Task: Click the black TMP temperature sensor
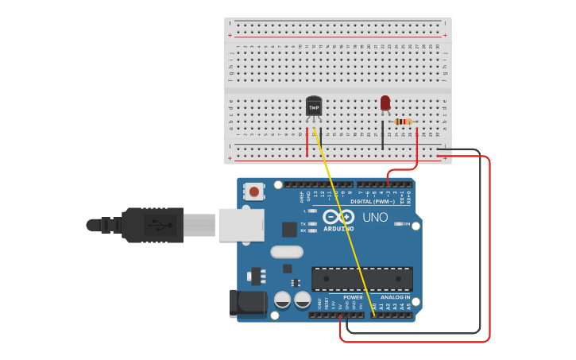click(314, 106)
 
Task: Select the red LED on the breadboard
click(385, 103)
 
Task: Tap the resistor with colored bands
click(403, 122)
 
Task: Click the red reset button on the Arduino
click(254, 191)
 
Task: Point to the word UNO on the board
click(375, 217)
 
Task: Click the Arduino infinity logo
click(339, 217)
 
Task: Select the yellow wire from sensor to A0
click(342, 223)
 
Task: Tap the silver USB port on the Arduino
click(241, 225)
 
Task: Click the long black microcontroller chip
click(361, 278)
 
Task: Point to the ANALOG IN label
click(395, 297)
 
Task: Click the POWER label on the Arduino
click(353, 297)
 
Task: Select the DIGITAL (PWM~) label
click(371, 201)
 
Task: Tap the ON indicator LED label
click(407, 224)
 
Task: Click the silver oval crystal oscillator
click(287, 252)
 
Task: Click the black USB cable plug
click(151, 225)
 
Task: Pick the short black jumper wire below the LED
click(382, 135)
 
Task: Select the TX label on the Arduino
click(303, 224)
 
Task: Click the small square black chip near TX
click(289, 229)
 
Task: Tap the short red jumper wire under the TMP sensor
click(307, 142)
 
